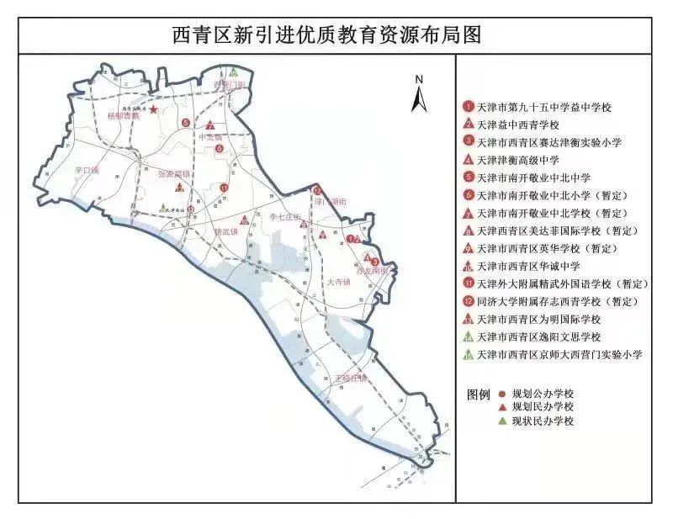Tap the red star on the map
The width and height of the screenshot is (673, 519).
point(153,111)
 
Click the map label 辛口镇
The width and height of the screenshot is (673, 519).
point(87,170)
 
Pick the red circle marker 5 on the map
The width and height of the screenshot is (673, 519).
point(185,124)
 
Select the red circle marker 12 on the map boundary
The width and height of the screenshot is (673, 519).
point(317,191)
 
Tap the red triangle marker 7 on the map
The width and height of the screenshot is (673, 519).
point(210,127)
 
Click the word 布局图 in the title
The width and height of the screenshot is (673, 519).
point(458,35)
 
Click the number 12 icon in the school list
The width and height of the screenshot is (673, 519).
point(469,301)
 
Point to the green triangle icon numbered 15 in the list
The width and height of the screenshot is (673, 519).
point(469,354)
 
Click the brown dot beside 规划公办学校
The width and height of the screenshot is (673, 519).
point(502,394)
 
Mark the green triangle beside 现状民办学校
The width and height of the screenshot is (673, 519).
point(502,421)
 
